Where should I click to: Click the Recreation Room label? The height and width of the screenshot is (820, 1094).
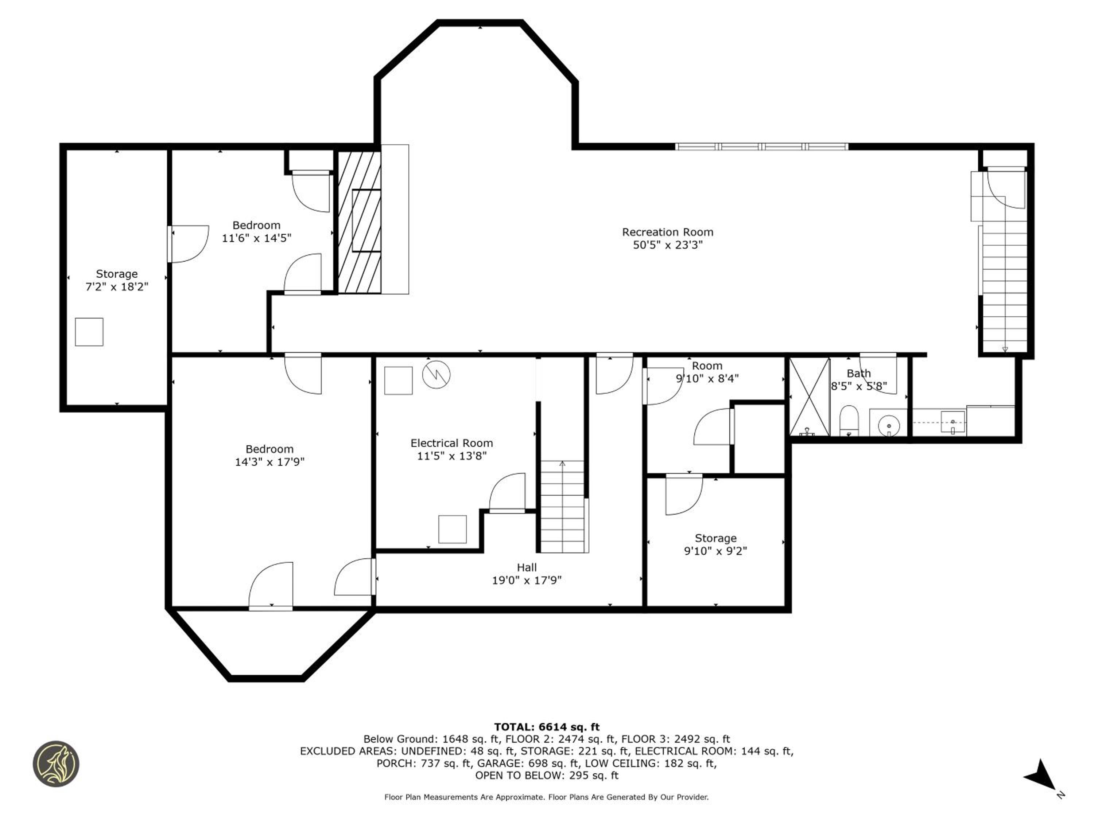[x=667, y=232]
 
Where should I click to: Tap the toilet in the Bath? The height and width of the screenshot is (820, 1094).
[x=849, y=420]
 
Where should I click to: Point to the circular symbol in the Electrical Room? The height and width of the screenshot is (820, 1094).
[x=436, y=374]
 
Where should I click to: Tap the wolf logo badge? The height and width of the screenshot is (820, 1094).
[x=56, y=763]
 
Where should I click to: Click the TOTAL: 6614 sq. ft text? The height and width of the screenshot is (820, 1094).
[x=547, y=727]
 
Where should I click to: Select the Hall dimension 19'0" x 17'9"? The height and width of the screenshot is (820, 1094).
[x=526, y=580]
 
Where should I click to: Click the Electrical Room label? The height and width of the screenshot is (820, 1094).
[x=451, y=443]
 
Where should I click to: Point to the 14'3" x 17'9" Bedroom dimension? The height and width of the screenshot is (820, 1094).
[x=269, y=462]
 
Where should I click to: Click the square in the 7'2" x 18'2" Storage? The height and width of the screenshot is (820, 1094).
[x=89, y=332]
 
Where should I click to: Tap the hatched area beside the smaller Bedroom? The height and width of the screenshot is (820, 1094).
[x=359, y=222]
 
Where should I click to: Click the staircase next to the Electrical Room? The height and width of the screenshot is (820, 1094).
[x=562, y=506]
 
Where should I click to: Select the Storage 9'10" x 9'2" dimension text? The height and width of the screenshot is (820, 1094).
[x=715, y=551]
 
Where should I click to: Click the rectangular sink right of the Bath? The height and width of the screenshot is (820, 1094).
[x=953, y=422]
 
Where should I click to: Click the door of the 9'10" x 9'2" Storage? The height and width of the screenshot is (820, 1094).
[x=684, y=494]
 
